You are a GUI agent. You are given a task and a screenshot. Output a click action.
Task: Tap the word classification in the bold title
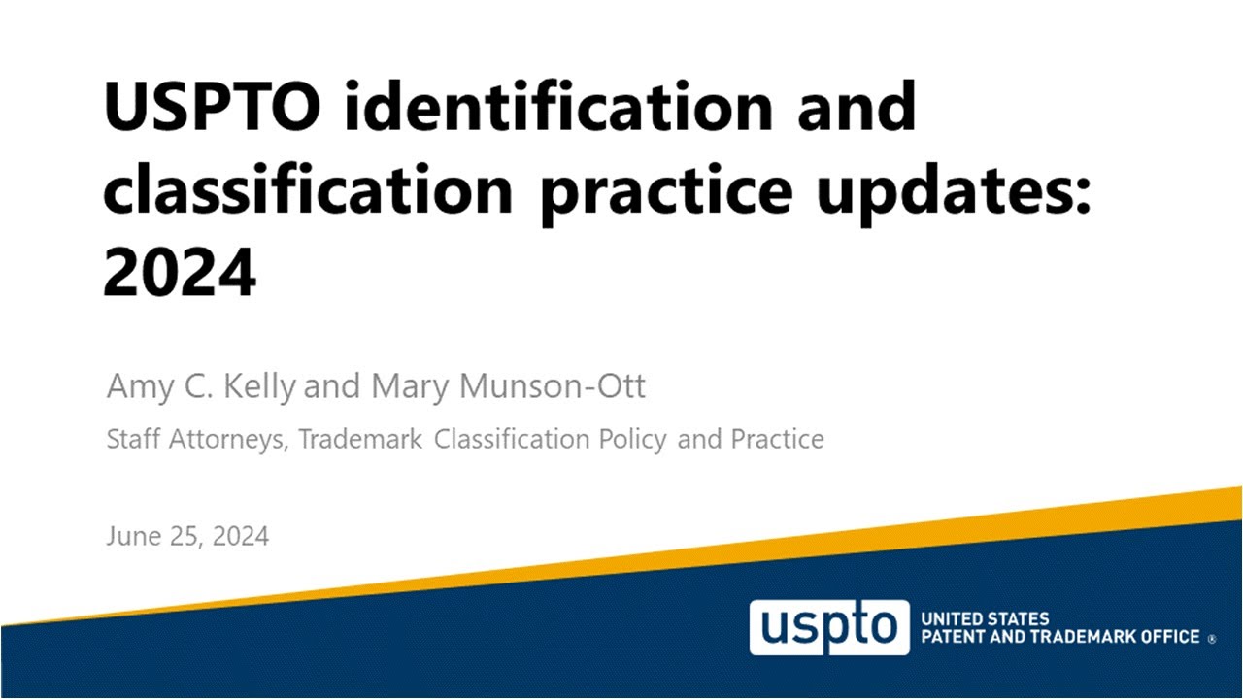pos(307,188)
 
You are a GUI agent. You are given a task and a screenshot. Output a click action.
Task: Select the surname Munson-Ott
pos(551,386)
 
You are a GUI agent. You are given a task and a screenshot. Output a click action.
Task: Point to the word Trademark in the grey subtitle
pos(360,440)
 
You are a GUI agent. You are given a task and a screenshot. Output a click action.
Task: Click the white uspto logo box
pos(828,627)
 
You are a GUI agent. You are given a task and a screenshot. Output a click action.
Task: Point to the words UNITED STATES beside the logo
pos(984,618)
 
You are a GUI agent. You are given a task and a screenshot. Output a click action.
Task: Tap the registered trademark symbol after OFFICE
pos(1211,640)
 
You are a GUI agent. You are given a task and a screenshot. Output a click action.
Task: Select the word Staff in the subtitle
pos(134,440)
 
